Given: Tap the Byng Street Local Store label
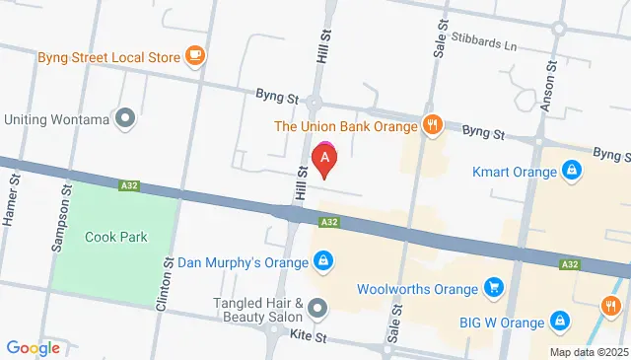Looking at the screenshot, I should click(108, 56).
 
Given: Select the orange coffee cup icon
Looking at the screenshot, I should click(196, 55).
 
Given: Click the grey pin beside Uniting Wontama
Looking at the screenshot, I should click(125, 119).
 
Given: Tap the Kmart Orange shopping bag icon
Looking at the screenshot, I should click(571, 171).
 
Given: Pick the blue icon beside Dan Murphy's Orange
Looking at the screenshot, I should click(321, 261).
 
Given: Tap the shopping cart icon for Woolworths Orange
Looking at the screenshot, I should click(496, 288).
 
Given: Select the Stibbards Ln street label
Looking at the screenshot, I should click(488, 45).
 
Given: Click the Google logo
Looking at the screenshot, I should click(33, 347).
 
